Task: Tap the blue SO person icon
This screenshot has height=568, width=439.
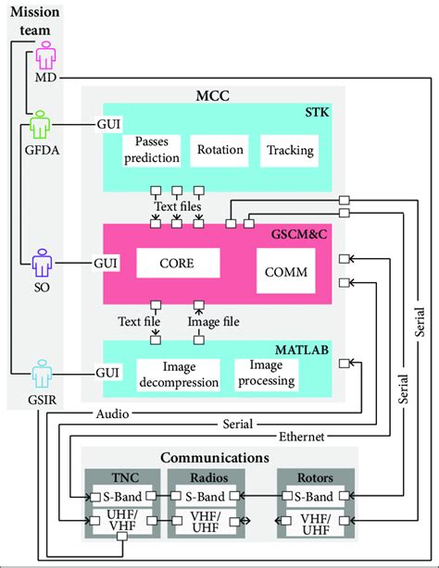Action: (41, 263)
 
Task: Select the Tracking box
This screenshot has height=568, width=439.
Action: (289, 150)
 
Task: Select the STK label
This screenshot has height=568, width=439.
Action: (316, 113)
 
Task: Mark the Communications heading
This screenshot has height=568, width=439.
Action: (214, 458)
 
